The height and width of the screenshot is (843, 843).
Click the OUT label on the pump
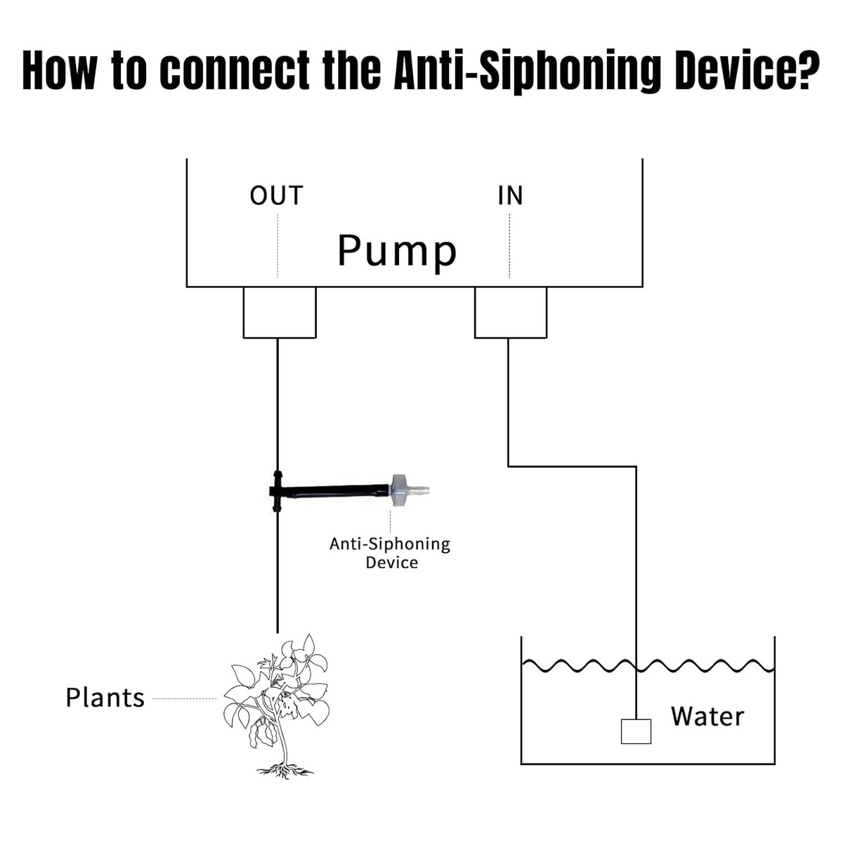pyautogui.click(x=276, y=195)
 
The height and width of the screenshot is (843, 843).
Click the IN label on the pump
pyautogui.click(x=510, y=195)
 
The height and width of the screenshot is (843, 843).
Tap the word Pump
pyautogui.click(x=397, y=251)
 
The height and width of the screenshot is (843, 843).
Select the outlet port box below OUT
pyautogui.click(x=280, y=313)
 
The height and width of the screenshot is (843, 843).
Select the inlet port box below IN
pyautogui.click(x=511, y=313)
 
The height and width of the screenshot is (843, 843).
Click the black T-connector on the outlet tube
pyautogui.click(x=277, y=490)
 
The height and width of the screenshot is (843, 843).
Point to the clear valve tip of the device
pyautogui.click(x=419, y=490)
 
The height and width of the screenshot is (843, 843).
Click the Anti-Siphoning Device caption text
pyautogui.click(x=390, y=553)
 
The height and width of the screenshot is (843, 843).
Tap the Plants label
pyautogui.click(x=105, y=698)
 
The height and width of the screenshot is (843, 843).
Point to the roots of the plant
pyautogui.click(x=285, y=771)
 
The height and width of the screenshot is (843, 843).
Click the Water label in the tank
pyautogui.click(x=707, y=717)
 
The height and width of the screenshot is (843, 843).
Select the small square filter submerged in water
pyautogui.click(x=636, y=731)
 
